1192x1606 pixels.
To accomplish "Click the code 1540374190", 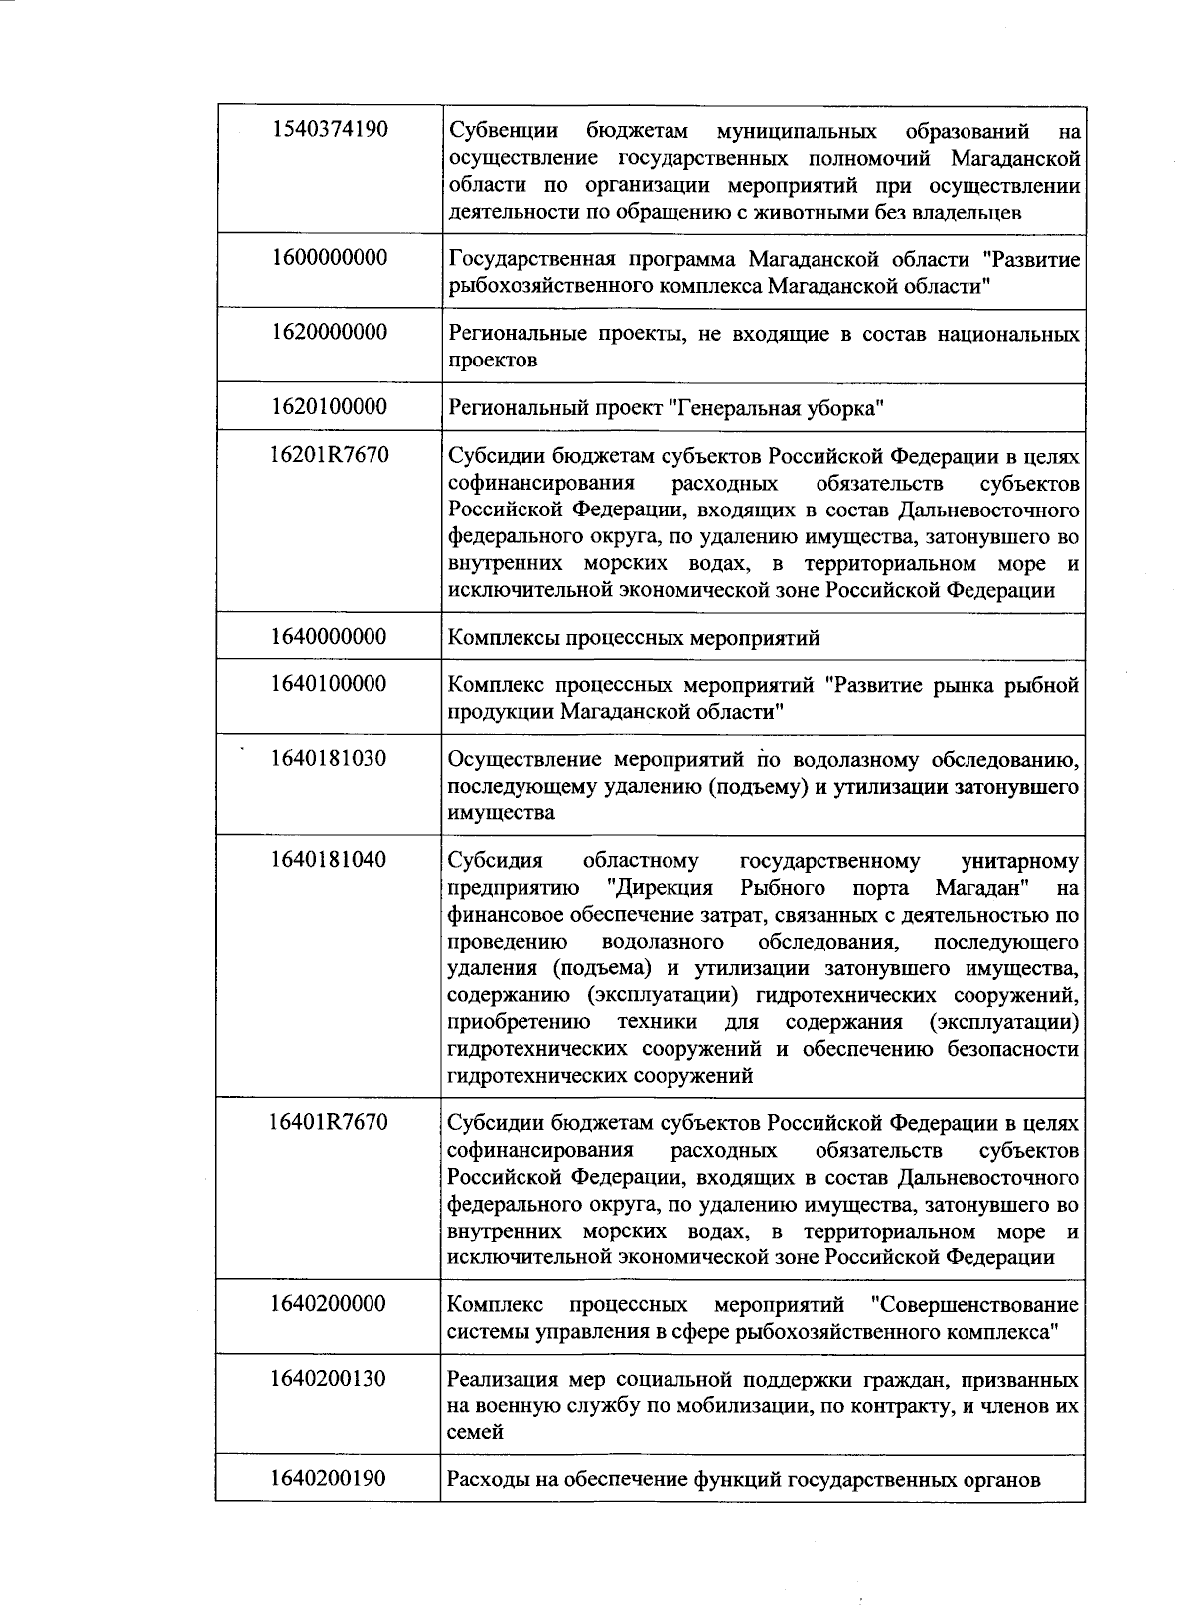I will coord(328,129).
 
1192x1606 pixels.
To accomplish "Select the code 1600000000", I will coord(328,258).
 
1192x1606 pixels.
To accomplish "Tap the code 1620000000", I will coord(328,332).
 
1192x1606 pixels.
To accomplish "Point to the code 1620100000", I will coord(328,407).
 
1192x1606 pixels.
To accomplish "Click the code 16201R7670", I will coord(328,455).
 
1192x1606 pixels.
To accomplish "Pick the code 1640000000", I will coord(328,636).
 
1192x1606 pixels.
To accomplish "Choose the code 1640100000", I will coord(328,684).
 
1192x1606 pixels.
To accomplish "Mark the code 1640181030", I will coord(328,759).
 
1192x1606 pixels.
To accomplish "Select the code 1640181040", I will coord(328,859).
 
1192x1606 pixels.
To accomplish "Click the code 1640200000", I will coord(328,1303).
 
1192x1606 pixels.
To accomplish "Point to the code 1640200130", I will coord(328,1379).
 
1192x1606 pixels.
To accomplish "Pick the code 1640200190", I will coord(328,1479).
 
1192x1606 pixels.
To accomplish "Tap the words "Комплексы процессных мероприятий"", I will coord(634,638).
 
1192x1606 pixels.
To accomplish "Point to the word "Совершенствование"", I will coord(972,1304).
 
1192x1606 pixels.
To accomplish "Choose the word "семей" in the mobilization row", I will coord(475,1433).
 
